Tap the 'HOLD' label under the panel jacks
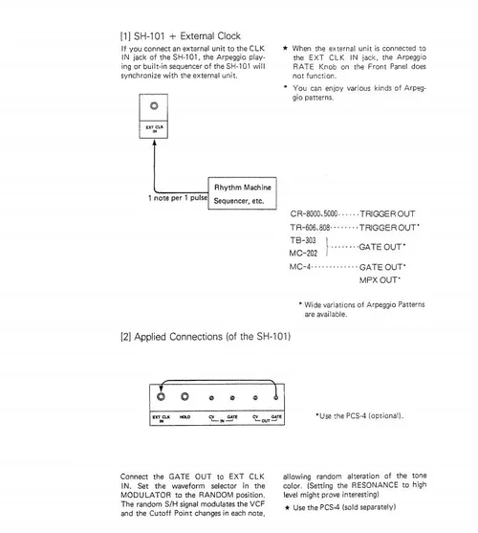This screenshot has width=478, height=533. pos(185,417)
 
